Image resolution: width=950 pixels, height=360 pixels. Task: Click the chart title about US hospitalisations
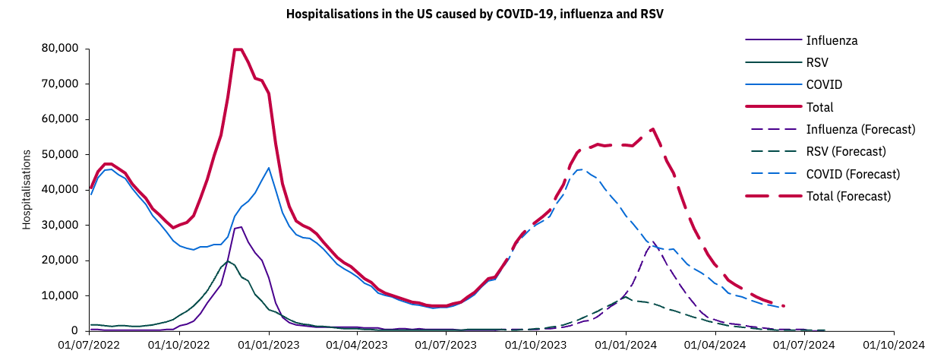point(475,14)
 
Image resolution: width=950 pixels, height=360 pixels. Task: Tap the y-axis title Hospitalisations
point(26,190)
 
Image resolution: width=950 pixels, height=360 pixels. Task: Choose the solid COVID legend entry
point(824,84)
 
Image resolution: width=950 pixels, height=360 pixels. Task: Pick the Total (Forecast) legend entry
point(848,196)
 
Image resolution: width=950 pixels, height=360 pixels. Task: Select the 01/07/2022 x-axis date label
point(90,344)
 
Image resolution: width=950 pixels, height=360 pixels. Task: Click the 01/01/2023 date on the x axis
point(269,344)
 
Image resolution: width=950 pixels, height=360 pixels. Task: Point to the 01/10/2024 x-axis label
point(894,344)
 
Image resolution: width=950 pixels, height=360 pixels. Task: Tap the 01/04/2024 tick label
point(715,344)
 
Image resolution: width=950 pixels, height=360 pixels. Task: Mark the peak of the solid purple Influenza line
point(241,226)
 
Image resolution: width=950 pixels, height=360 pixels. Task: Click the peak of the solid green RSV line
point(227,261)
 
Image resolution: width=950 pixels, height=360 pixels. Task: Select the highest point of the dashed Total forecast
point(653,129)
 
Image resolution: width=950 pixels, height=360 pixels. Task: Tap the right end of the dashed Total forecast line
point(783,306)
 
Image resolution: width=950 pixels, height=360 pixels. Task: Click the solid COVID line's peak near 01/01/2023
point(269,168)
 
